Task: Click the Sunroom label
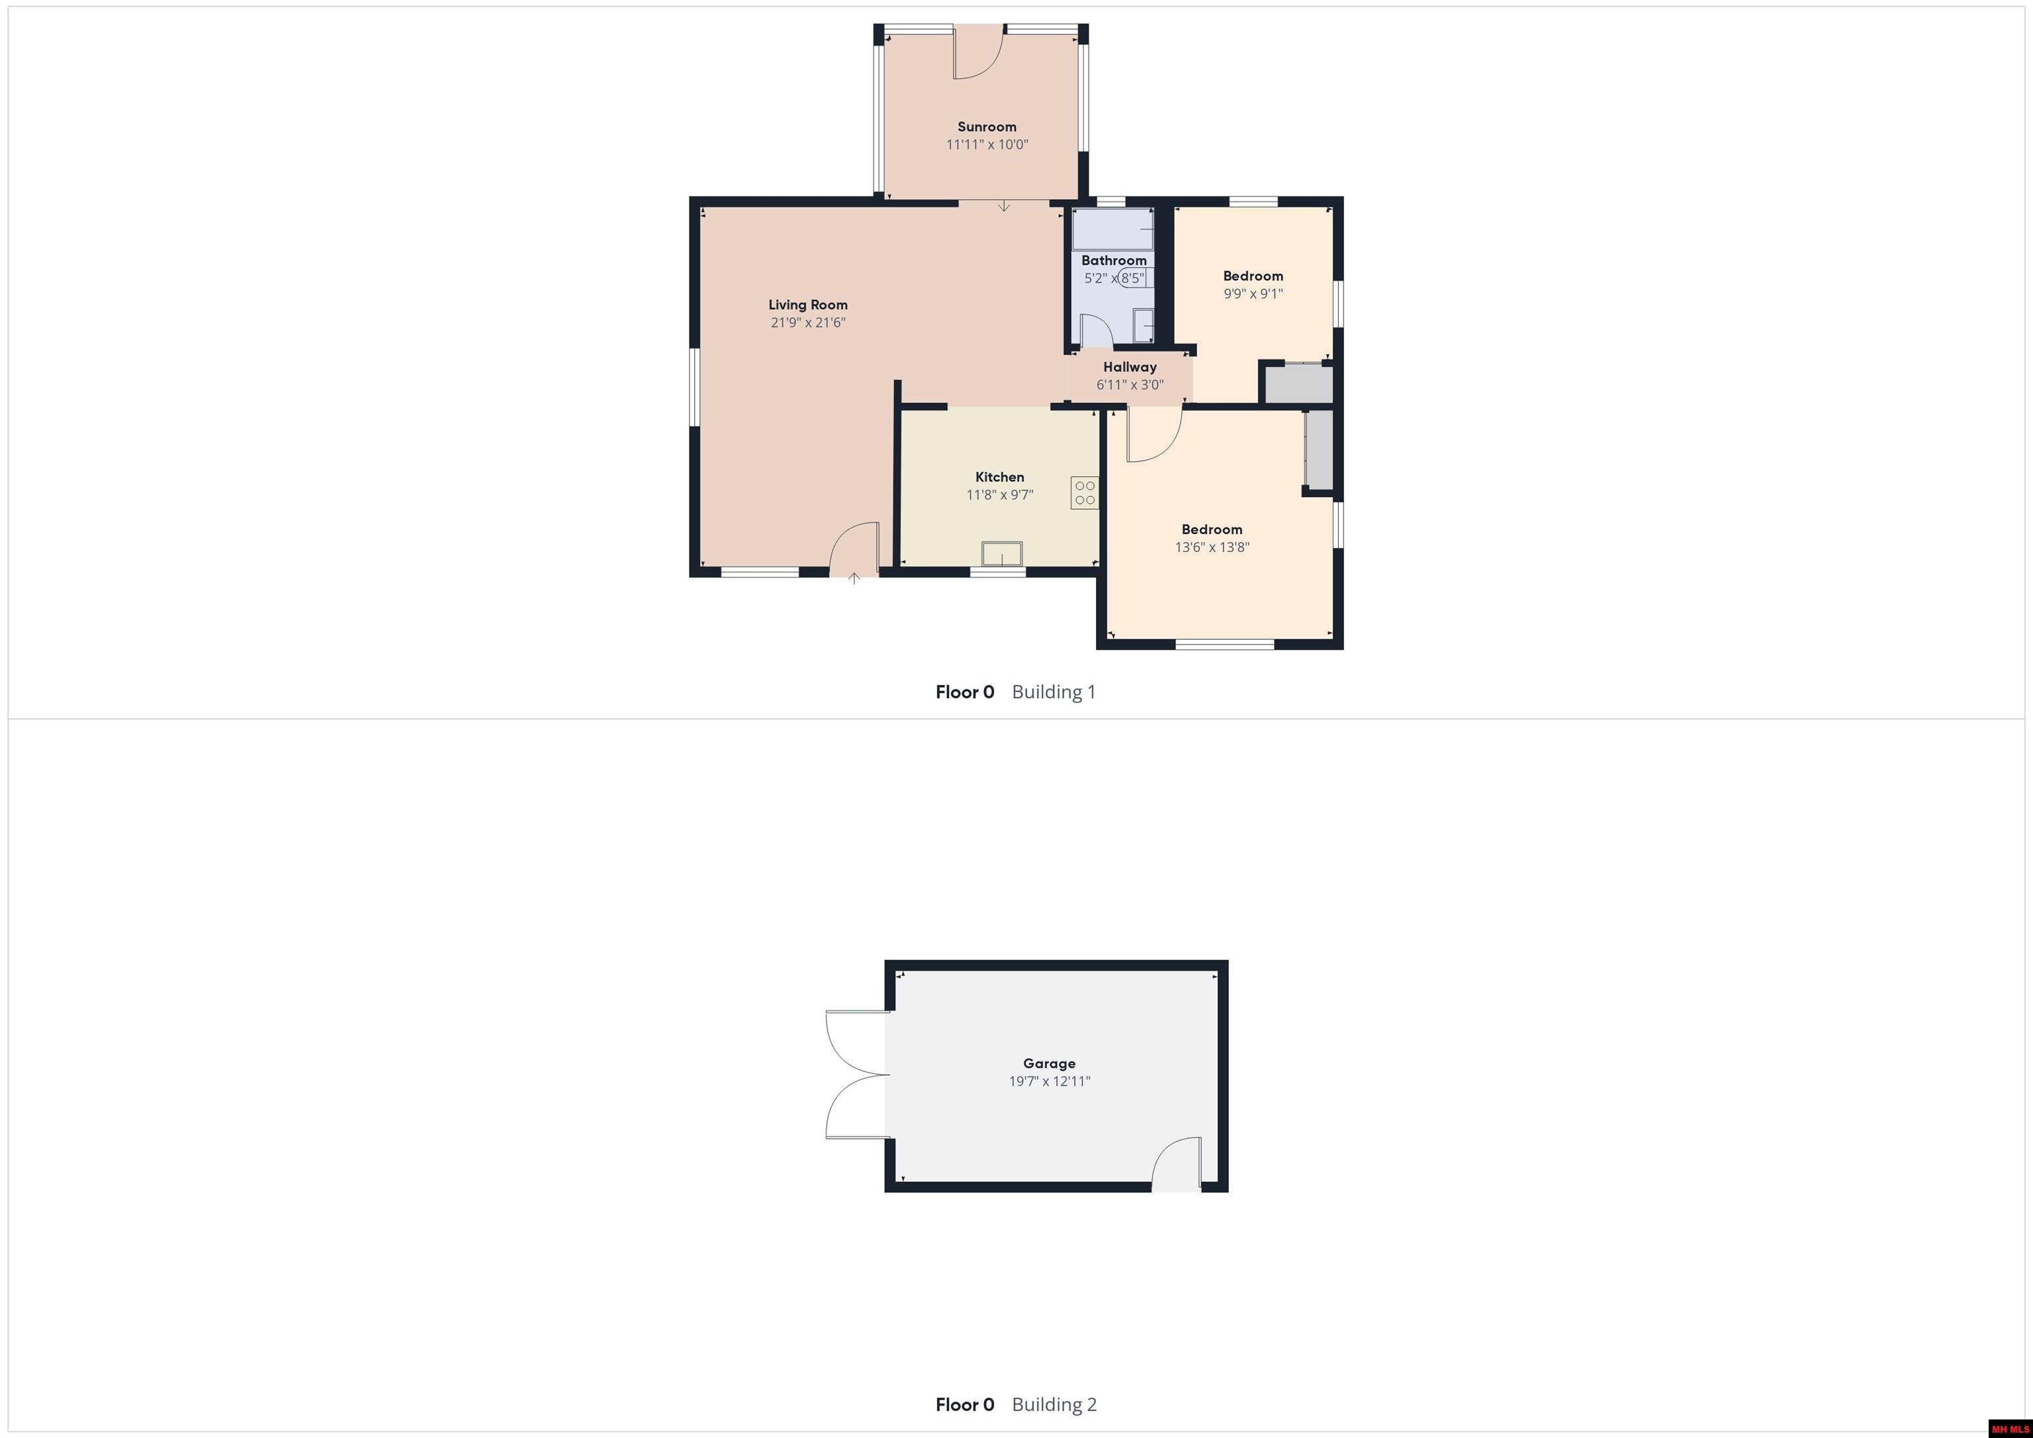coord(987,126)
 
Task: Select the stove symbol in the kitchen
coord(1085,493)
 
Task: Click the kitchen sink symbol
coord(1001,553)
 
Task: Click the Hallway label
coord(1130,367)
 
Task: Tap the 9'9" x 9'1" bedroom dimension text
coord(1253,293)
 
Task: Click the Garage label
coord(1050,1063)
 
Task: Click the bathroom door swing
coord(1096,330)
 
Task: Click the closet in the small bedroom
coord(1298,383)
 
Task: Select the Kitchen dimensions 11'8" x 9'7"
coord(1000,495)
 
